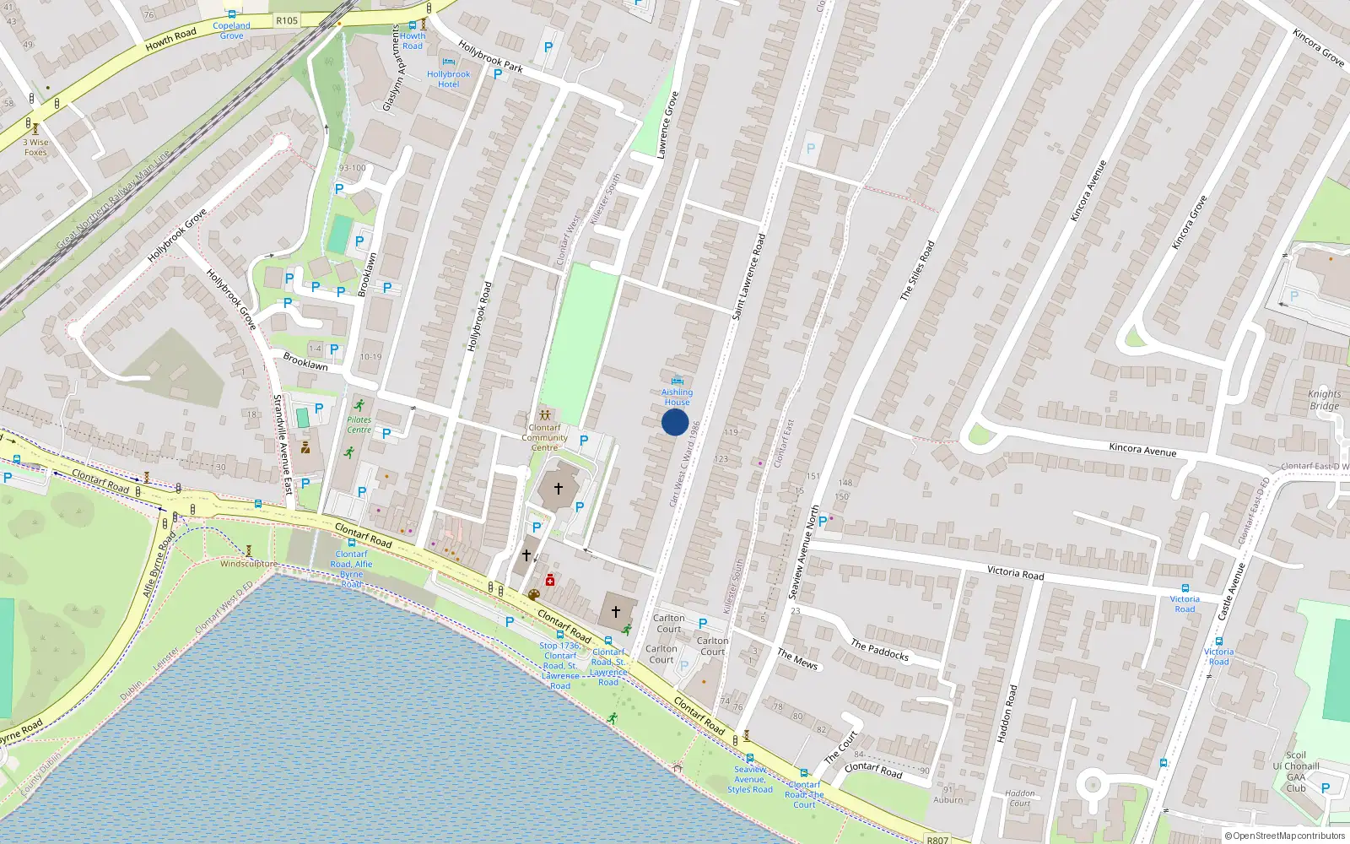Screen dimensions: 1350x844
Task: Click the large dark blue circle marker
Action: coord(675,422)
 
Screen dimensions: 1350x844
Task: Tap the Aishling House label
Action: coord(677,397)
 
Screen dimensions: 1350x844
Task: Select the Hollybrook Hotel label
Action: coord(448,79)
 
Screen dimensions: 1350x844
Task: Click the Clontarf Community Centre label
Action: coord(544,437)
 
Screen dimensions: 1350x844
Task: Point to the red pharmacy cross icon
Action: coord(550,580)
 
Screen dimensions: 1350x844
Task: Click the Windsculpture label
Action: coord(248,564)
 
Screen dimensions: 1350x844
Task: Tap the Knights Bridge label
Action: coord(1324,400)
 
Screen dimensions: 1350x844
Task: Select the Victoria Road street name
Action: coord(1015,573)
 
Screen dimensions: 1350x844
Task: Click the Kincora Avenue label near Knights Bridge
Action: coord(1142,450)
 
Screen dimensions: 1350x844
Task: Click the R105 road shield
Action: coord(287,20)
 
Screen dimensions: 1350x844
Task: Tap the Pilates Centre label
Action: coord(359,425)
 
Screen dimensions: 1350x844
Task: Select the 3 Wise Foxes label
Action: coord(35,147)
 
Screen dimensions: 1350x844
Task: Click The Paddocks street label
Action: coord(879,649)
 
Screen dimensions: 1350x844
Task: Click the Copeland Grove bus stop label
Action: coord(231,30)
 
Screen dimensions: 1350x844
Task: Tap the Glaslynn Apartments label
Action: coord(392,68)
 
